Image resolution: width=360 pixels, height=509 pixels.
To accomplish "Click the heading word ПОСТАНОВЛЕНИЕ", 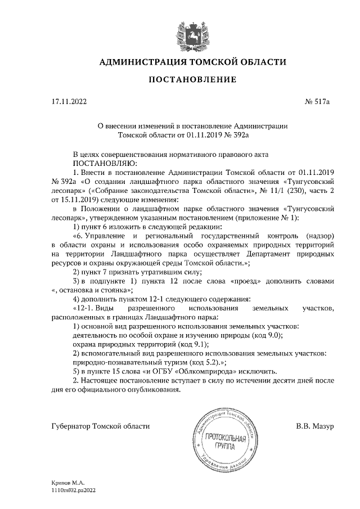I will [192, 79].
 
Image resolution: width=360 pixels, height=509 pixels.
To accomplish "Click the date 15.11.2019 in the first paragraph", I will [78, 199].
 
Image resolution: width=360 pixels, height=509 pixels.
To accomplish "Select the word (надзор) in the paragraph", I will [319, 237].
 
